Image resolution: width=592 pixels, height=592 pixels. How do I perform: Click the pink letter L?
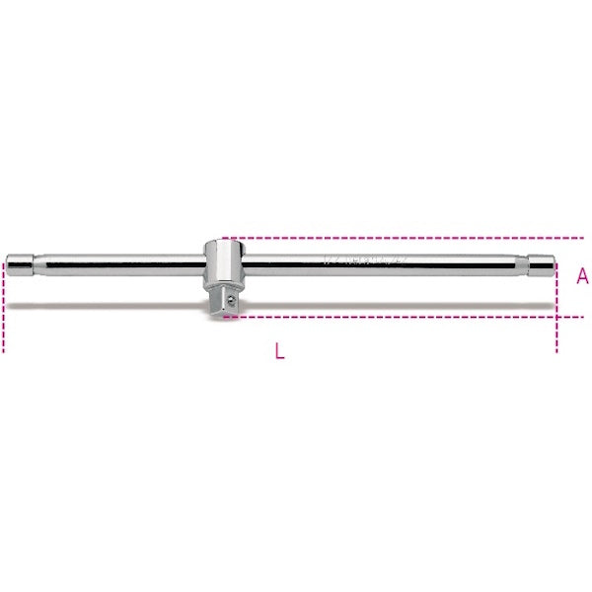point(280,352)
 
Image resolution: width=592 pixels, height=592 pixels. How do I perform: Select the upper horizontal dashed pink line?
point(395,238)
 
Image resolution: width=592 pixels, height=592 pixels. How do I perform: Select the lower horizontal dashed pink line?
point(395,317)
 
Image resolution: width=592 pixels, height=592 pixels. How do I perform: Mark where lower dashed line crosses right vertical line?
point(556,317)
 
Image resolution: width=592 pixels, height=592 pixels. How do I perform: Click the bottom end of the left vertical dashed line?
point(4,350)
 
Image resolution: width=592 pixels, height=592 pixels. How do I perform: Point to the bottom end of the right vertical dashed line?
point(556,350)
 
